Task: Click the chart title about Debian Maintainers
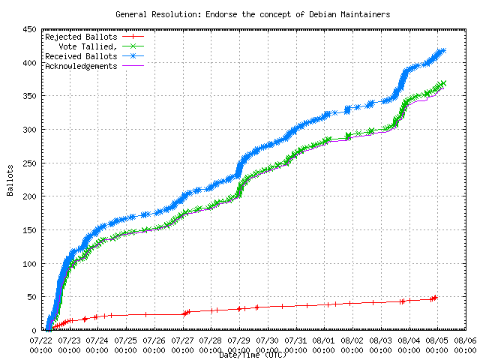coord(253,14)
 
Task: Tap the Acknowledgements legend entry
coord(81,66)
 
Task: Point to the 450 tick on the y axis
coord(29,30)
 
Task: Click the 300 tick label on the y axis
coord(29,130)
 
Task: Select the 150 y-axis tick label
coord(29,230)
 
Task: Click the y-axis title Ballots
coord(10,180)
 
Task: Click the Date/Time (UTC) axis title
coord(253,355)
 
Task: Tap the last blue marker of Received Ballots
coord(442,51)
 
